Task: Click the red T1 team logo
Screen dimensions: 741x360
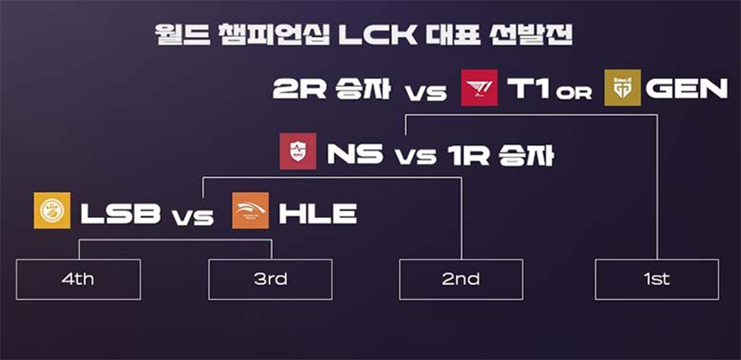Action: pyautogui.click(x=479, y=87)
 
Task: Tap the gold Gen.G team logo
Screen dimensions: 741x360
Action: pyautogui.click(x=623, y=87)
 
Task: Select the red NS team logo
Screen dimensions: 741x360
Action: pyautogui.click(x=298, y=151)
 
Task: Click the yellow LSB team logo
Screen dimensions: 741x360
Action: pyautogui.click(x=52, y=211)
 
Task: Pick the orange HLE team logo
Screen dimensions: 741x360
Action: pyautogui.click(x=250, y=211)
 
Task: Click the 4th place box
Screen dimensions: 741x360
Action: pyautogui.click(x=78, y=279)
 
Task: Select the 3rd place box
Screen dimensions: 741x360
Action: pyautogui.click(x=270, y=279)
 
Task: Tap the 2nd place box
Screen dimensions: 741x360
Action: pyautogui.click(x=461, y=279)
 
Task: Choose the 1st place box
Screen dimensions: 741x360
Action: pyautogui.click(x=657, y=279)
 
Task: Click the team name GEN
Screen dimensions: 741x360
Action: pyautogui.click(x=687, y=88)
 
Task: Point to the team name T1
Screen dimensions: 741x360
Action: pyautogui.click(x=528, y=88)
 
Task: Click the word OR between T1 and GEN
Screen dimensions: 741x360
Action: pyautogui.click(x=574, y=93)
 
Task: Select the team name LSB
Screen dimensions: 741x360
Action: pyautogui.click(x=120, y=213)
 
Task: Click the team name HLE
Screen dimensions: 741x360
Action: pyautogui.click(x=318, y=213)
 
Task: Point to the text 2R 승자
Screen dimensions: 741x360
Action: pyautogui.click(x=332, y=88)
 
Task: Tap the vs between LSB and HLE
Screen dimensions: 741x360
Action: pyautogui.click(x=193, y=217)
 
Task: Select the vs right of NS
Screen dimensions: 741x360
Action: pyautogui.click(x=416, y=157)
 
